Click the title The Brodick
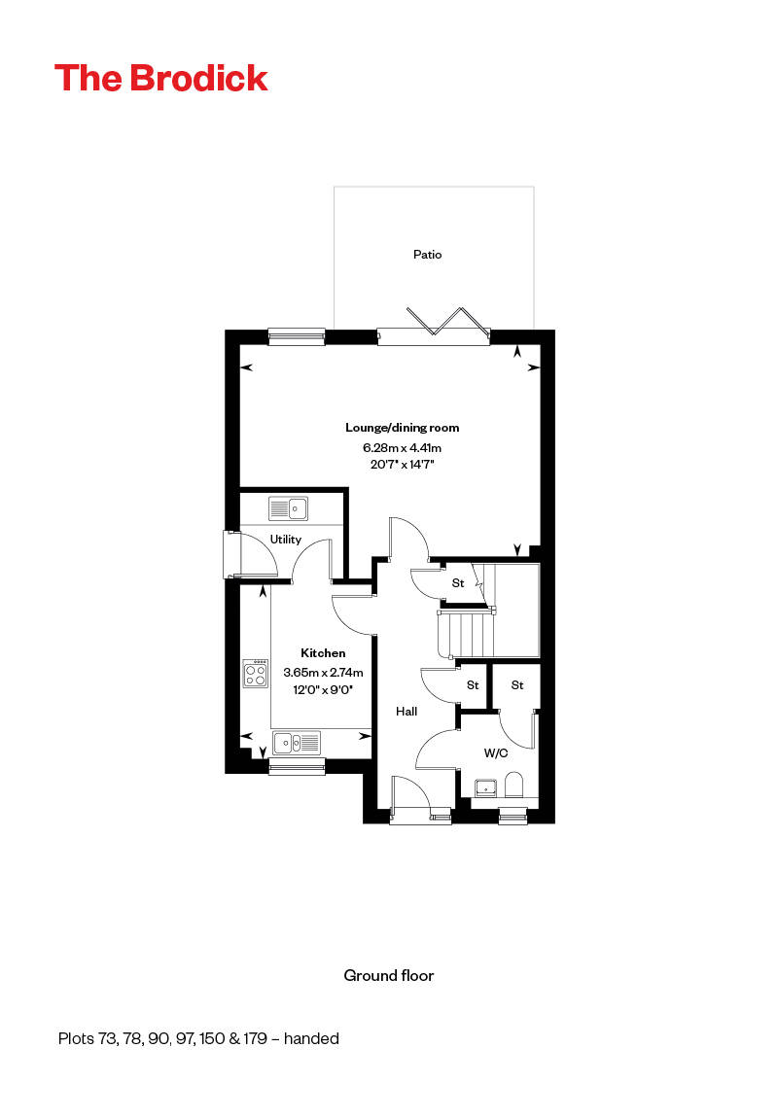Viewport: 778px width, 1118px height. [x=161, y=78]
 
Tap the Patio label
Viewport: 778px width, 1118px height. [x=427, y=255]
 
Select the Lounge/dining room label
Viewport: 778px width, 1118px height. [x=402, y=428]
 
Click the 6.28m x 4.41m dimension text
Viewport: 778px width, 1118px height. [x=402, y=448]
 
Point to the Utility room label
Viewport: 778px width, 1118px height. [x=286, y=540]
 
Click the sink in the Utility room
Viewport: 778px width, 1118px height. [x=288, y=508]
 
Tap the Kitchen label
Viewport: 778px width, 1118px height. [x=323, y=653]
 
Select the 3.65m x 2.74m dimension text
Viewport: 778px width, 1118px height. [x=323, y=672]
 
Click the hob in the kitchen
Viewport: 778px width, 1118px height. [x=256, y=674]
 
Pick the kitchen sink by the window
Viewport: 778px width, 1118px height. [x=297, y=744]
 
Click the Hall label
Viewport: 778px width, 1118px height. [x=407, y=712]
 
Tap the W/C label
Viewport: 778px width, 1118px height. [x=496, y=752]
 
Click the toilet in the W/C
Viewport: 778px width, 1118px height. [x=514, y=786]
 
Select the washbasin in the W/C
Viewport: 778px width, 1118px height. [x=485, y=786]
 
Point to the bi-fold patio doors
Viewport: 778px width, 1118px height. [x=433, y=326]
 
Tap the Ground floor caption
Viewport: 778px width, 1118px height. [x=389, y=975]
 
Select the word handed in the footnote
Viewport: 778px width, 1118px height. [x=311, y=1038]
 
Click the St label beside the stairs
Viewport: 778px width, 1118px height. [x=457, y=583]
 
